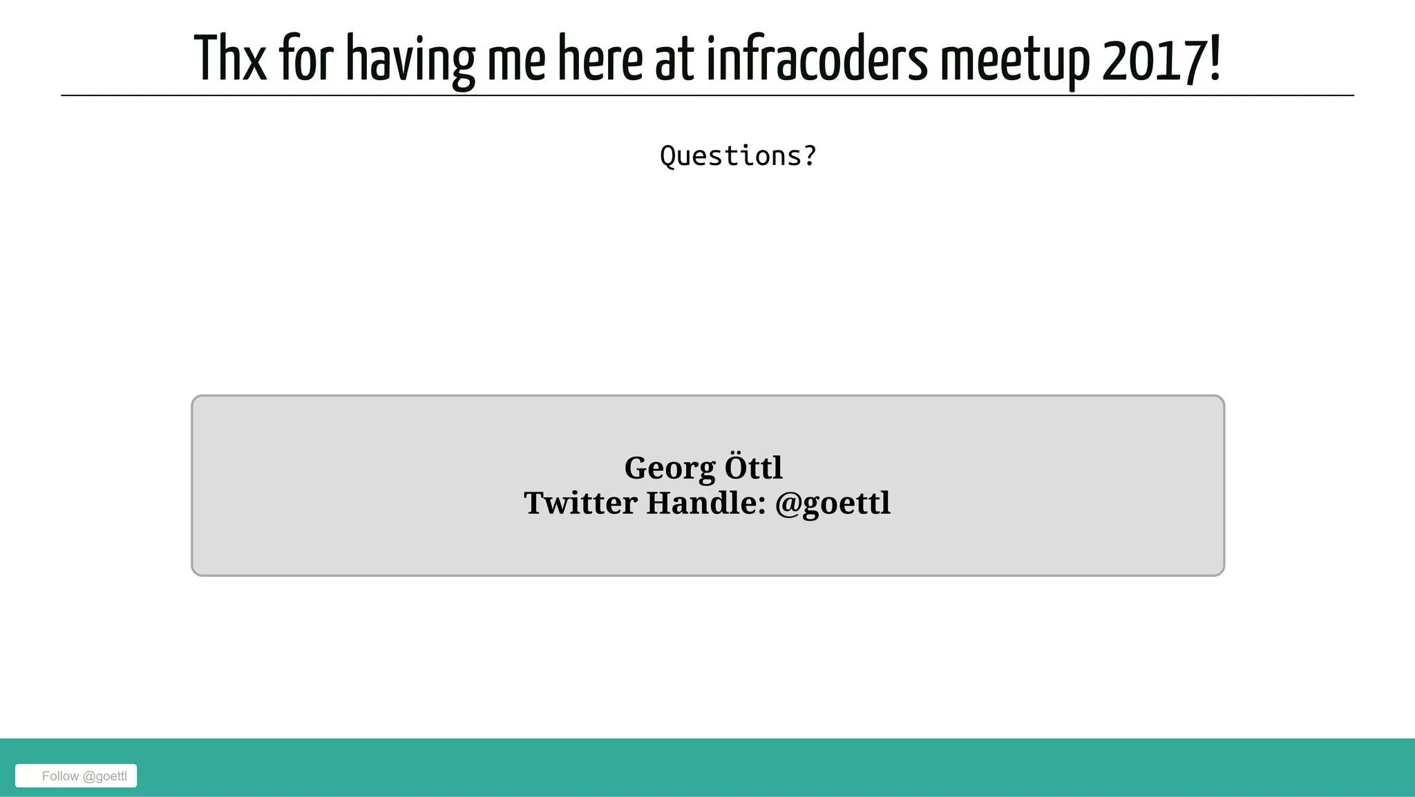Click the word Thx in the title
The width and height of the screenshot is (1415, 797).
230,59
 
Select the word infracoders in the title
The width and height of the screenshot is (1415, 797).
817,59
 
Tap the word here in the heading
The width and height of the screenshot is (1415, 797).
600,59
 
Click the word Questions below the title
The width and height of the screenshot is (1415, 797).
731,156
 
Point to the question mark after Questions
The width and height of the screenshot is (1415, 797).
810,156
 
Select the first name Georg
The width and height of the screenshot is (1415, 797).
669,469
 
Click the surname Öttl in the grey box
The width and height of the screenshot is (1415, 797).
753,468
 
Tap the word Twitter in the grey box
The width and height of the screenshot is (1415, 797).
580,503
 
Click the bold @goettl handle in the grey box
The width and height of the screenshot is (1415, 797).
833,503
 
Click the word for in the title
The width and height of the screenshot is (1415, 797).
306,59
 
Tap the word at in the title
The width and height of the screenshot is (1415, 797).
674,59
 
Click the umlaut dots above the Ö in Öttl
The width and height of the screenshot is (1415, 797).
734,456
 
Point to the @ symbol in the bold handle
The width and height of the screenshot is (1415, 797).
788,503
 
